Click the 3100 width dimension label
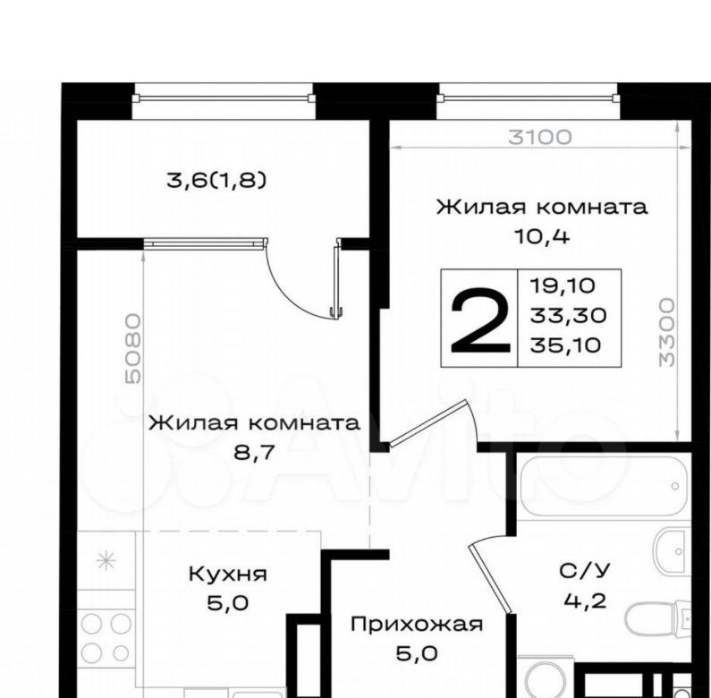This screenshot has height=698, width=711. click(539, 137)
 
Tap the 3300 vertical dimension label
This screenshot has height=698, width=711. click(666, 332)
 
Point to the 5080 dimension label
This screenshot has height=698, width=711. click(133, 348)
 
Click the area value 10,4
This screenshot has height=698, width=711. click(541, 236)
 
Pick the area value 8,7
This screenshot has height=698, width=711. click(254, 452)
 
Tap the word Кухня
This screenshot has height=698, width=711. click(228, 575)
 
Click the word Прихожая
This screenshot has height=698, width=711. click(417, 624)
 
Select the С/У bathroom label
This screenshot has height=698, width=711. click(585, 570)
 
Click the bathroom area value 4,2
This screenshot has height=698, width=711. click(585, 601)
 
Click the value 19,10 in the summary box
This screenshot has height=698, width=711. click(563, 286)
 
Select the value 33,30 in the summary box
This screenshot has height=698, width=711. click(568, 315)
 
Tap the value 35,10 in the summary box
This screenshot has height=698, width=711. click(565, 345)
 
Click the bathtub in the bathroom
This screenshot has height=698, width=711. click(603, 486)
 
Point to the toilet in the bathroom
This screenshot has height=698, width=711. click(658, 618)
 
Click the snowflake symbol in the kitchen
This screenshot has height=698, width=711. click(106, 561)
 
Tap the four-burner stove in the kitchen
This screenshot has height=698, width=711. click(106, 638)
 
